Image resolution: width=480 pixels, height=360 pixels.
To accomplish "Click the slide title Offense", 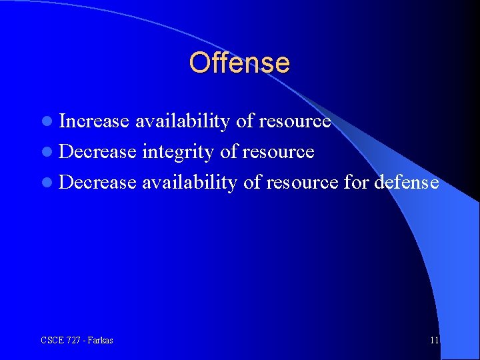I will [x=239, y=63].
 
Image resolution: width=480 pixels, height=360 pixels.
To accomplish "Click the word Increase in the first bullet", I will [x=94, y=121].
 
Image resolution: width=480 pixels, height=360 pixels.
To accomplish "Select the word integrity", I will [x=178, y=152].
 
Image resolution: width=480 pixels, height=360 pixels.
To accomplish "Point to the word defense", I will [x=407, y=182].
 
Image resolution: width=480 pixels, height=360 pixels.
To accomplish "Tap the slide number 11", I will [x=435, y=340].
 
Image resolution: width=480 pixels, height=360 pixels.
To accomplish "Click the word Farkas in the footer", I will [x=99, y=340].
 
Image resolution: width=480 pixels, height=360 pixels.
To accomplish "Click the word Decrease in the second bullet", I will [x=97, y=152].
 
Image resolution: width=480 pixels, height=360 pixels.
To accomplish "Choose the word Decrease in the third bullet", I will [x=97, y=182].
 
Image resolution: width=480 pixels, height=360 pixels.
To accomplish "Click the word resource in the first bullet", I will [x=295, y=121].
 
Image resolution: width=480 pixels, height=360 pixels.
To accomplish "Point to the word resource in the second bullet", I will [x=278, y=152].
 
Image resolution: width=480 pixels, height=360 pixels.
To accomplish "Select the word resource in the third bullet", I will [x=302, y=182].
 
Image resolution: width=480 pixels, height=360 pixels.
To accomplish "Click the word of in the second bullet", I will [x=228, y=152].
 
